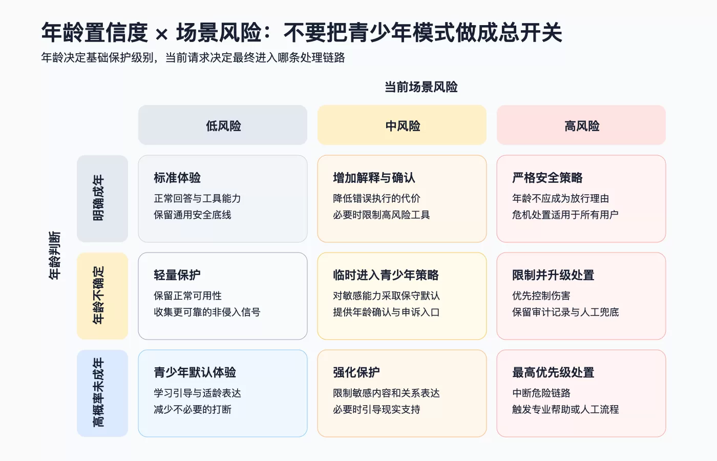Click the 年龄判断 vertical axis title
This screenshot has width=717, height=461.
(54, 256)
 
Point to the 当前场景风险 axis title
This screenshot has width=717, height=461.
(421, 87)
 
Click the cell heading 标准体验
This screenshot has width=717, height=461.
(177, 178)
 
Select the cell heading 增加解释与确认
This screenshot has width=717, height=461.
(374, 178)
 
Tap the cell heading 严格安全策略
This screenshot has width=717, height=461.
(547, 178)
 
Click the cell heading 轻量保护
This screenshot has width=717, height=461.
(177, 275)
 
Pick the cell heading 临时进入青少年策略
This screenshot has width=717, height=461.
(386, 275)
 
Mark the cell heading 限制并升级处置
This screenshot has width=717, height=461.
(553, 275)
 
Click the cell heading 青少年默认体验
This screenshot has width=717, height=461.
(195, 372)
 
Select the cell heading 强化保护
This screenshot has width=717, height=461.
(356, 372)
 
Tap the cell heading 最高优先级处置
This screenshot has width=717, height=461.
(553, 372)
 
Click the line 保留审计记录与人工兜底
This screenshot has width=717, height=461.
(565, 312)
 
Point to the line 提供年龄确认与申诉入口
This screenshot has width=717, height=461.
(386, 312)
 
